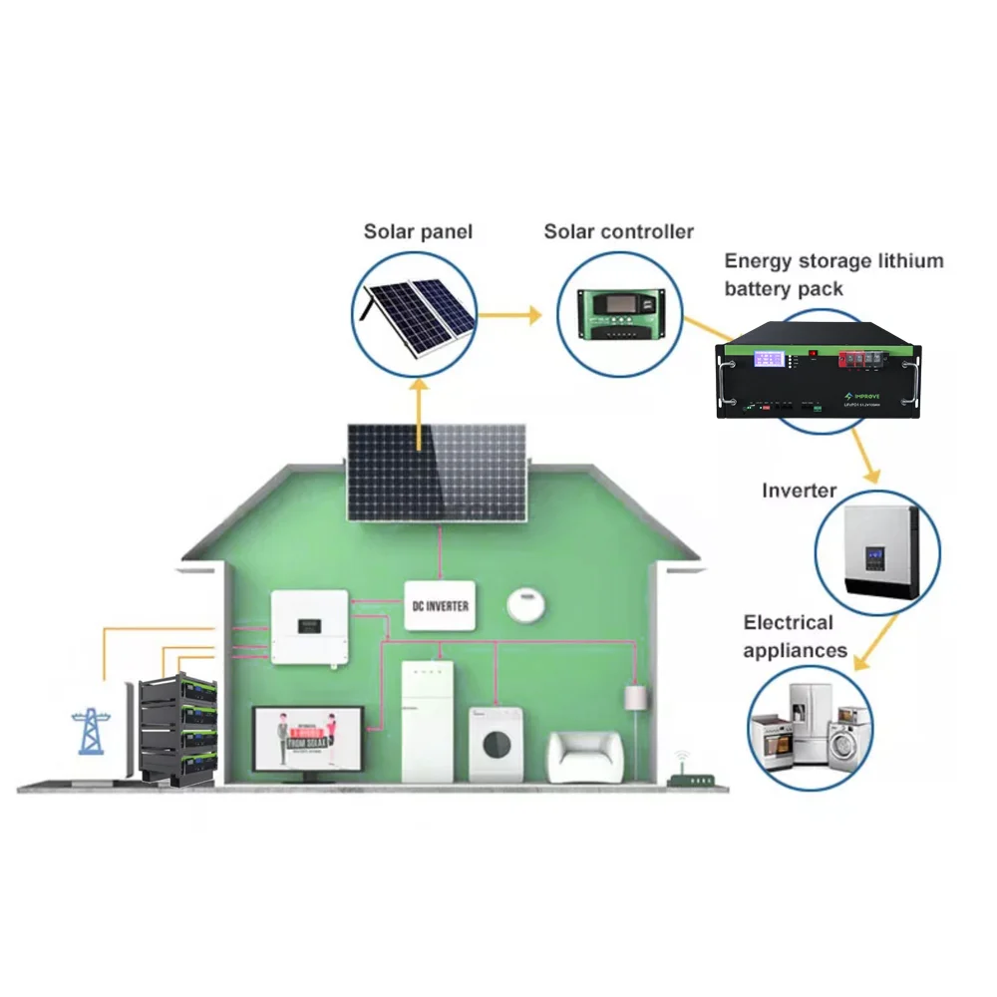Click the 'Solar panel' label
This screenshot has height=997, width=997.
pyautogui.click(x=418, y=232)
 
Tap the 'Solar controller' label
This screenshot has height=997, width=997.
pyautogui.click(x=618, y=232)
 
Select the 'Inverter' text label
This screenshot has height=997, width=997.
pyautogui.click(x=799, y=491)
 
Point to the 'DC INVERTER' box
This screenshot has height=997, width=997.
pyautogui.click(x=440, y=605)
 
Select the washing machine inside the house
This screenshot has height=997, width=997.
pyautogui.click(x=497, y=745)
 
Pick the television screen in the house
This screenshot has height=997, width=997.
pyautogui.click(x=307, y=739)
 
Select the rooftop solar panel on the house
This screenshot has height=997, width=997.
pyautogui.click(x=436, y=472)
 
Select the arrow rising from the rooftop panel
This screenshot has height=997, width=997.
pyautogui.click(x=419, y=409)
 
